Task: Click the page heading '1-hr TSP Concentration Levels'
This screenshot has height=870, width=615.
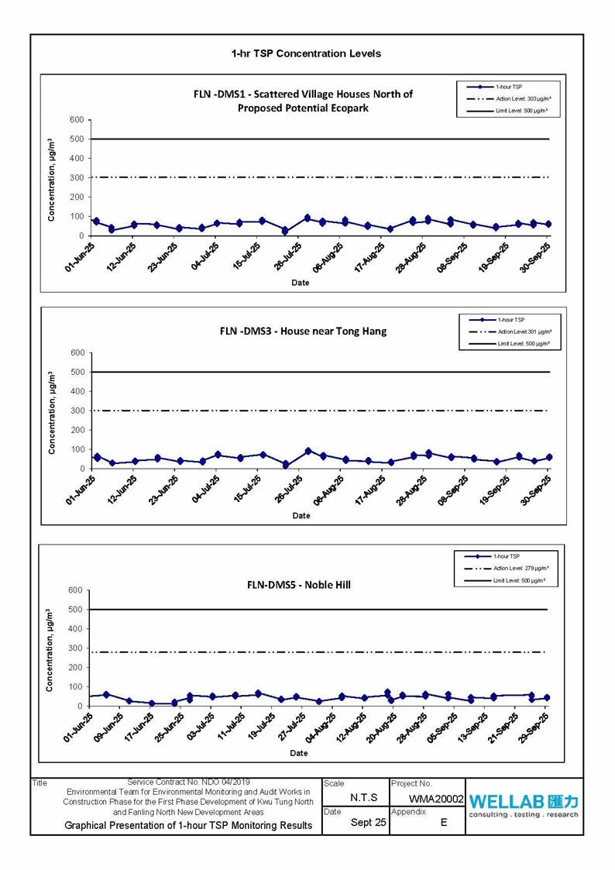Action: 306,53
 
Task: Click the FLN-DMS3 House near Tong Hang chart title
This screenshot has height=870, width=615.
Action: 303,331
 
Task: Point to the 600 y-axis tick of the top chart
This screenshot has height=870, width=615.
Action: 76,119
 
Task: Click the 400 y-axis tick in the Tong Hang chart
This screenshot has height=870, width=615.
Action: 76,391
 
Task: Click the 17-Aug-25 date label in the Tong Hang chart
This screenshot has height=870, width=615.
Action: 369,489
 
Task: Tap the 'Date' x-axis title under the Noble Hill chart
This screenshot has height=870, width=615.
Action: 299,753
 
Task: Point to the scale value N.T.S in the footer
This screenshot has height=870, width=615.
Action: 364,796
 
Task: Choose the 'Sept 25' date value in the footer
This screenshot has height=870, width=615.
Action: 369,822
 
